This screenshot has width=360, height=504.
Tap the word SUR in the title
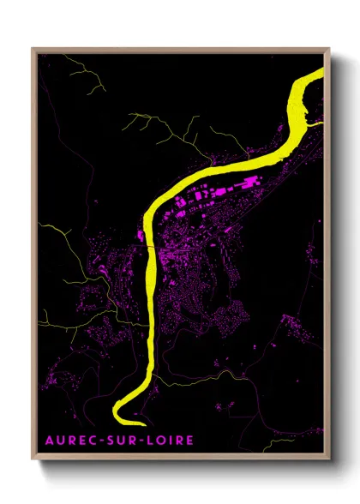point(123,441)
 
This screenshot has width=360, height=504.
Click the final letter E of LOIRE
point(190,441)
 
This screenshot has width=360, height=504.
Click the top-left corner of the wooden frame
point(34,50)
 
